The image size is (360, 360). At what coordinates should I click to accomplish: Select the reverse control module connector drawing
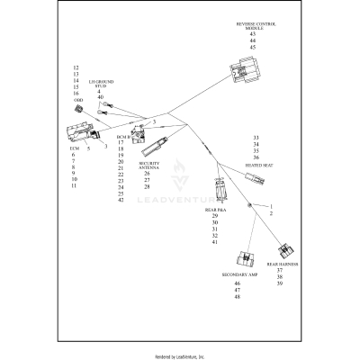point(246,68)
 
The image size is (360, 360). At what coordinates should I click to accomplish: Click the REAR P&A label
point(215,210)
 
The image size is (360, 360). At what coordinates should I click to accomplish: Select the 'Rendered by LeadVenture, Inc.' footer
point(180,355)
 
